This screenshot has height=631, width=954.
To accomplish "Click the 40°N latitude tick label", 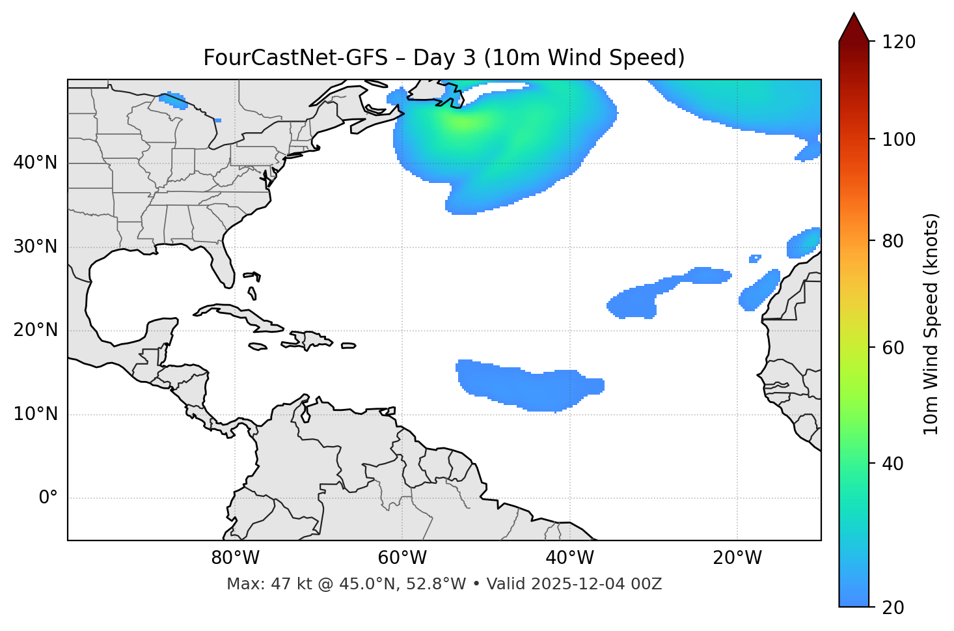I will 35,163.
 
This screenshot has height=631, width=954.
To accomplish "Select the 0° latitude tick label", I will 48,498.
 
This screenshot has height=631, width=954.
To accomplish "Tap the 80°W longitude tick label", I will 235,558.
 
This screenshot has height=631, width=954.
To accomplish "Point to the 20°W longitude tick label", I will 737,558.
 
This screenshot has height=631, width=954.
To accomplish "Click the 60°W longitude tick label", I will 402,558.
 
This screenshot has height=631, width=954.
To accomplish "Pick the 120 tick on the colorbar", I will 899,42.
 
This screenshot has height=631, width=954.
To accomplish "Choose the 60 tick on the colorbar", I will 895,348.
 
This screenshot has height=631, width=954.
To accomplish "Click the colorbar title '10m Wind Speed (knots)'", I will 931,324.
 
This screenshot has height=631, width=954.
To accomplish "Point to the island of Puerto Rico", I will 349,346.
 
